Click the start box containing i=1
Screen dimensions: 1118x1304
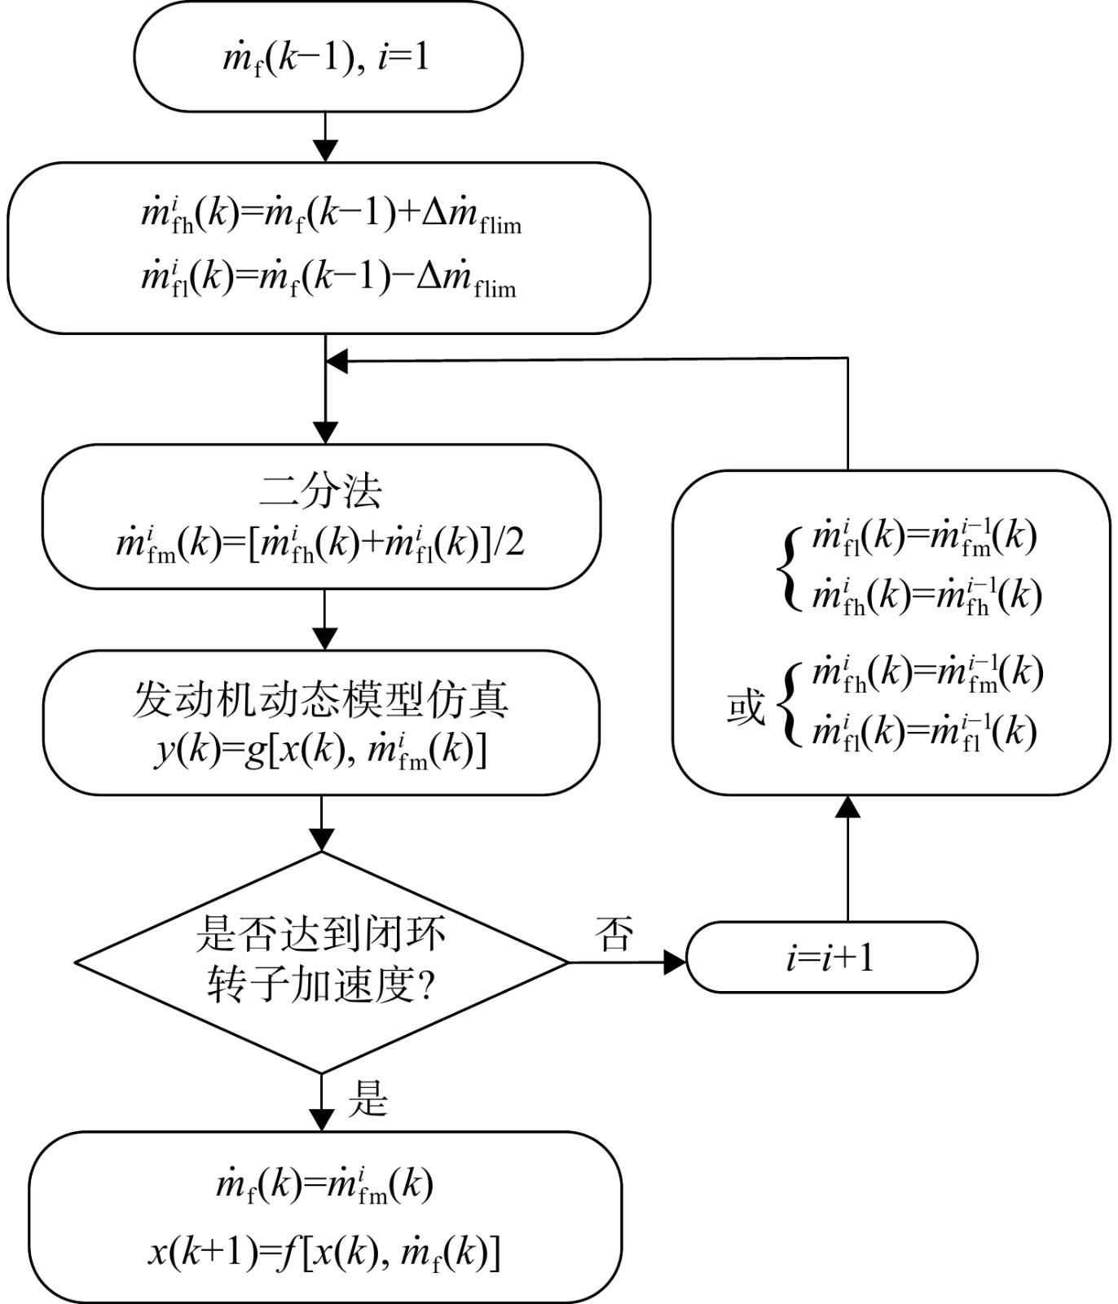[x=328, y=56]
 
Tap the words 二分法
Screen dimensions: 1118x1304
[x=321, y=491]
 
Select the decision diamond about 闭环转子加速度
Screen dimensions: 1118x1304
[x=322, y=963]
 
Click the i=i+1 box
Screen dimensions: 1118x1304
[x=831, y=957]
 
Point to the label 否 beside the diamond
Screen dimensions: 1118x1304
[x=614, y=934]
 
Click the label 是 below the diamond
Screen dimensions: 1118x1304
[x=368, y=1099]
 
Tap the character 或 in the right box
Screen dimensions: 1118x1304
[x=746, y=707]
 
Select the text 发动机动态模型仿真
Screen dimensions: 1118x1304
[x=321, y=699]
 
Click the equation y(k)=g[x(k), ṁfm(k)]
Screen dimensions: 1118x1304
[x=321, y=749]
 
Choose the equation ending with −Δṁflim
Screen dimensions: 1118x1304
[x=328, y=278]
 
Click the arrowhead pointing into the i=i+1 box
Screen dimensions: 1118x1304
[x=676, y=963]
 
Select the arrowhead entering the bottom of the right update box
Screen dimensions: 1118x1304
[x=848, y=807]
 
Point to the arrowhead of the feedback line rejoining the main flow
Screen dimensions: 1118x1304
[x=337, y=361]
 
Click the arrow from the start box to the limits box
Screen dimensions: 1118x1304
[x=325, y=137]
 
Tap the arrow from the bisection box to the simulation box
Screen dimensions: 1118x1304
[x=325, y=619]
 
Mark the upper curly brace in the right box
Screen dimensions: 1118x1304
[x=788, y=566]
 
